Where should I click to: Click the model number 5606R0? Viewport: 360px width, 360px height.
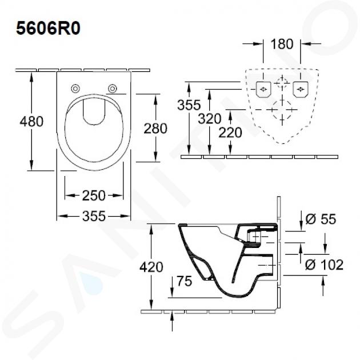(x=48, y=29)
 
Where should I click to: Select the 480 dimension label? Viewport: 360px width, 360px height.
(x=31, y=122)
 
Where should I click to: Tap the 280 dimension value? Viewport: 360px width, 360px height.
(x=155, y=129)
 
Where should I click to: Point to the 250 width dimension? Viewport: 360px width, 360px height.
(x=94, y=195)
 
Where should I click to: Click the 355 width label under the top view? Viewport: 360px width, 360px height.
(x=94, y=216)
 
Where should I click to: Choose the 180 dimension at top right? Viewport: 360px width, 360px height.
(x=282, y=44)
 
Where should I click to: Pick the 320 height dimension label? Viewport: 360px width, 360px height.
(x=210, y=119)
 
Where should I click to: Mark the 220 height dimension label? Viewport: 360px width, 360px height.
(x=230, y=133)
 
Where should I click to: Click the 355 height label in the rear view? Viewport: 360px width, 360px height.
(x=189, y=105)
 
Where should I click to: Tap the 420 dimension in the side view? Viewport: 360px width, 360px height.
(x=151, y=267)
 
